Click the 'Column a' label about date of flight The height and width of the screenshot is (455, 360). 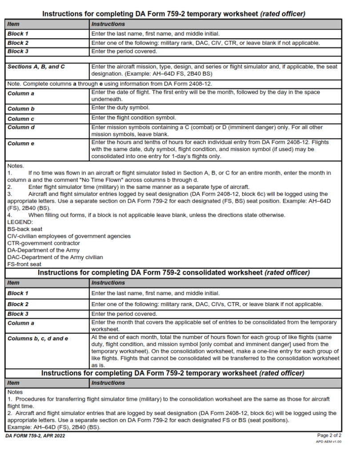pos(20,94)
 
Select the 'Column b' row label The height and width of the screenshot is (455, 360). pos(21,109)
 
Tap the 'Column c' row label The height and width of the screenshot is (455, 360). pos(21,119)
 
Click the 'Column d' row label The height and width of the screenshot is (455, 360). pos(21,128)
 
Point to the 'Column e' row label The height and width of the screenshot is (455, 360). pos(21,144)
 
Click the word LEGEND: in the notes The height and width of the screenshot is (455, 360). pos(20,222)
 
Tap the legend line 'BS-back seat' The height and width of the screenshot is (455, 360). pos(25,229)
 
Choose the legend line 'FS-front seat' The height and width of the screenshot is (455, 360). pos(25,264)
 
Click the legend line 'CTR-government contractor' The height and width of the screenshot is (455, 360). pos(44,243)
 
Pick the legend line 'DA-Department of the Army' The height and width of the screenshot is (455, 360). pos(43,250)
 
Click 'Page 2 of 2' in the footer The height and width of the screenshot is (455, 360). pos(329,435)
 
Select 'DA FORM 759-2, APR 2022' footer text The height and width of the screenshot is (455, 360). pos(36,436)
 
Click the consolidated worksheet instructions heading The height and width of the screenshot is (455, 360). pos(174,272)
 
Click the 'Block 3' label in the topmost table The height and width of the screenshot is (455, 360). pos(18,52)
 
